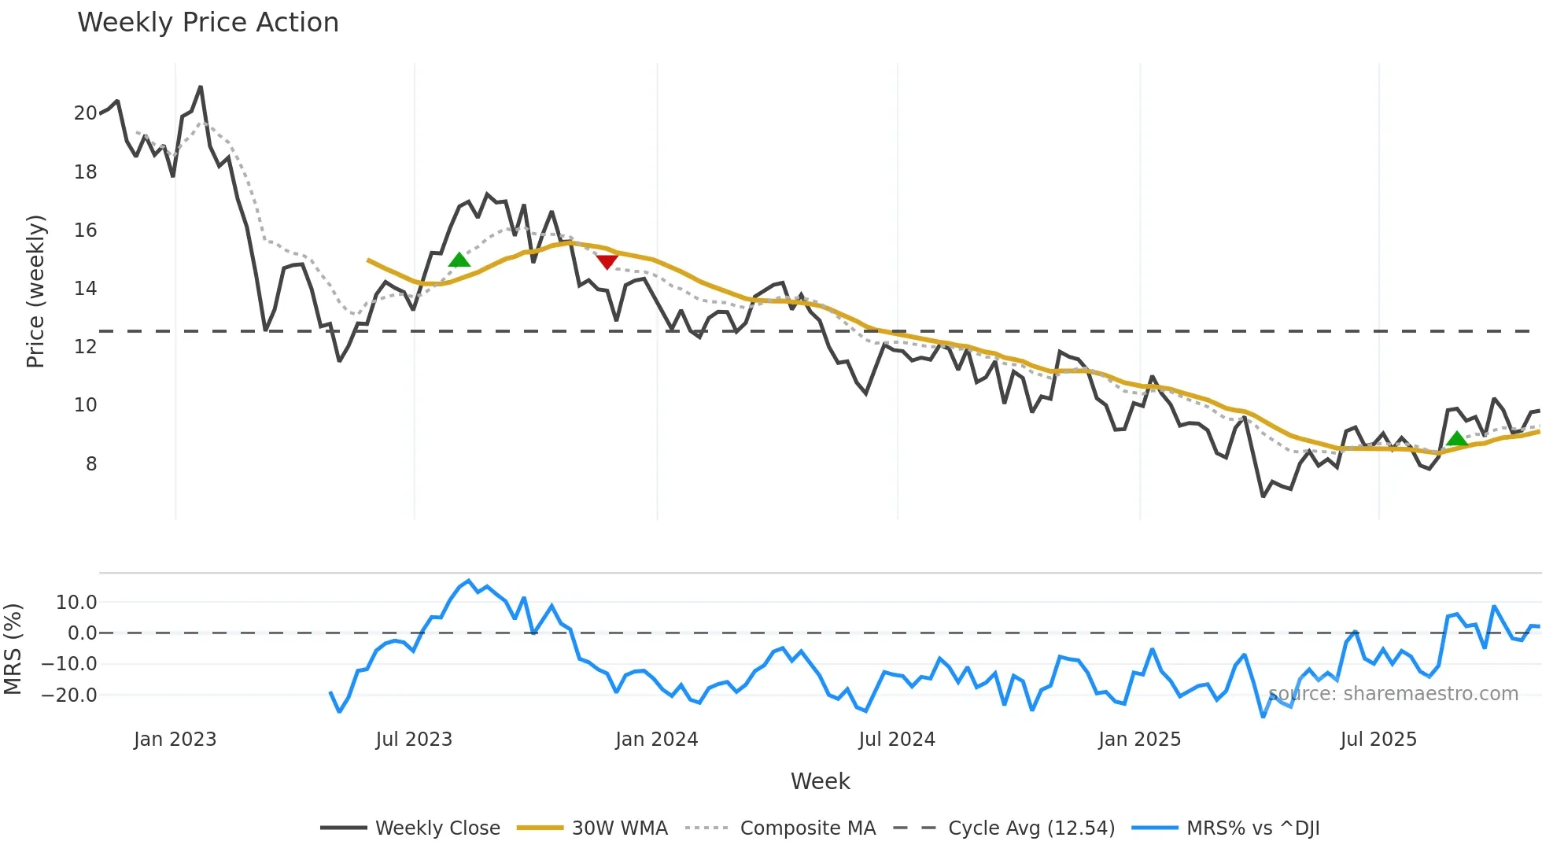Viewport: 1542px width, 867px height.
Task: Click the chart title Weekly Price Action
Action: pos(208,23)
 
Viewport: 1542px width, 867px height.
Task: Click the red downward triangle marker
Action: pos(607,261)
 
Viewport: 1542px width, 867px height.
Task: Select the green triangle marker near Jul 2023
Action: pos(459,260)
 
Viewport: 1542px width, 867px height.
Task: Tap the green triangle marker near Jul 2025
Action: pos(1456,439)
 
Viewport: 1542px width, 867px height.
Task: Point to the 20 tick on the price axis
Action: pos(85,113)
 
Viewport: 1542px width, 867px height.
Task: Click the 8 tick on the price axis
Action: pos(91,464)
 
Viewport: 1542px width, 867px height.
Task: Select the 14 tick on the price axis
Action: pos(85,289)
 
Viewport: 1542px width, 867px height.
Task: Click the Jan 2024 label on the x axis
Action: pos(656,740)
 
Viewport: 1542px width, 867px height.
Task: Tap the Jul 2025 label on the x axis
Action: pos(1378,740)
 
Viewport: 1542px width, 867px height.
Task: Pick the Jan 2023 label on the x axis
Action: pos(175,740)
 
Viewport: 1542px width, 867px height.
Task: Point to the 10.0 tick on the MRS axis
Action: pos(76,603)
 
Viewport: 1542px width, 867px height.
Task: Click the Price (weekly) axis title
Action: pos(35,291)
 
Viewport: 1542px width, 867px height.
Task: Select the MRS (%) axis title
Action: pos(13,649)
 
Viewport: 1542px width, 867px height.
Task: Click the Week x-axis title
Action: pos(820,781)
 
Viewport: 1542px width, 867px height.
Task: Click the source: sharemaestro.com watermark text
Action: pos(1393,694)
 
